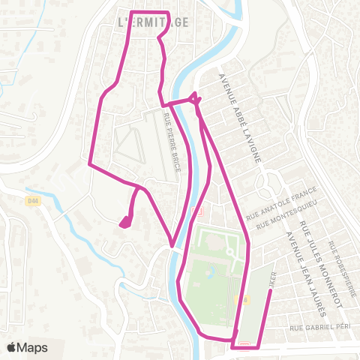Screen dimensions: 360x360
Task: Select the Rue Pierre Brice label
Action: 172,142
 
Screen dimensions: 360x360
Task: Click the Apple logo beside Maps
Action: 12,347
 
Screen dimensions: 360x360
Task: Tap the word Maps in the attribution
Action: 33,347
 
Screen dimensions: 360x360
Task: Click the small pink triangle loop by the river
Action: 195,97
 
